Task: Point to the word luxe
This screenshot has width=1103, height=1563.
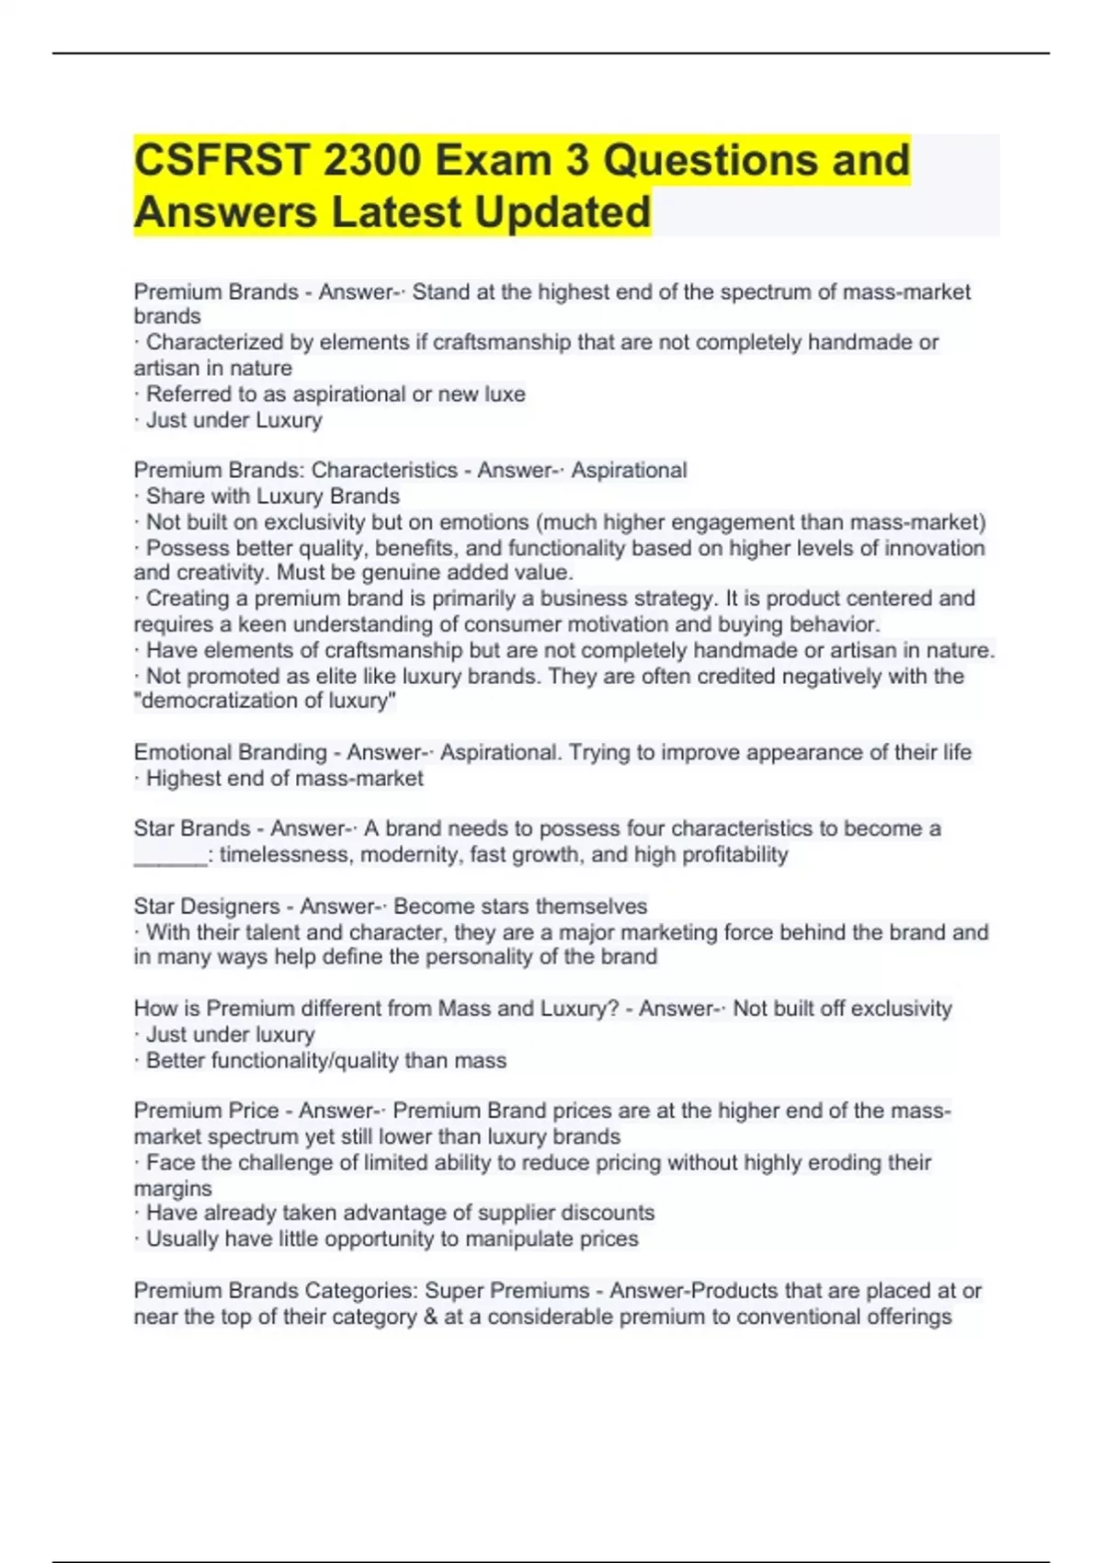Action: (x=505, y=394)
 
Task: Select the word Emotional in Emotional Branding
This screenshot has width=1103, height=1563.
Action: (x=184, y=752)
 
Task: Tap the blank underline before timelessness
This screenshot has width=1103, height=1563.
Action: (x=170, y=855)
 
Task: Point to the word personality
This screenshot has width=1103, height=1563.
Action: (x=495, y=956)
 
